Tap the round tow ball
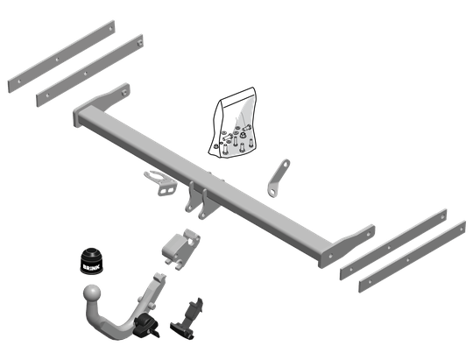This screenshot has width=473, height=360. (x=92, y=293)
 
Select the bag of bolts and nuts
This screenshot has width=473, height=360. (x=232, y=123)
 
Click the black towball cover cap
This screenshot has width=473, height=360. (x=92, y=261)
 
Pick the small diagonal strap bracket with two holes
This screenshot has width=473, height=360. (x=279, y=179)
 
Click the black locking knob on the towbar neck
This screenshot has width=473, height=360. (x=146, y=326)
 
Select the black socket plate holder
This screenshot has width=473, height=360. (x=187, y=318)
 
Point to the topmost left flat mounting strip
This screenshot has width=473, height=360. (x=61, y=56)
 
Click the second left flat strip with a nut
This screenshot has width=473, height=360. (x=89, y=71)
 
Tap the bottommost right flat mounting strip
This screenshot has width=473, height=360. (x=412, y=257)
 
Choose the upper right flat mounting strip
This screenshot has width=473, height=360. (x=393, y=244)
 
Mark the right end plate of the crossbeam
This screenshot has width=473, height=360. (x=346, y=246)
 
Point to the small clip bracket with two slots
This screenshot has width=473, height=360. (x=160, y=183)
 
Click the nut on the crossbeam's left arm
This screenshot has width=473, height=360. (x=124, y=93)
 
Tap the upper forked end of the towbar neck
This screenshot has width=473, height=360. (x=159, y=278)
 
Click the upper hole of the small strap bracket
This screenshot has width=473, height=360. (x=285, y=165)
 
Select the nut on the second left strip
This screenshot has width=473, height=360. (x=139, y=43)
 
